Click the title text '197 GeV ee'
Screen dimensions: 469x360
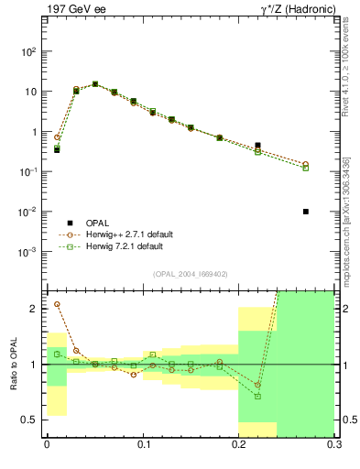[74, 10]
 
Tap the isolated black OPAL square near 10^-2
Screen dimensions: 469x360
[306, 212]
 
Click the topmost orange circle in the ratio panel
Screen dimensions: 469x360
[57, 304]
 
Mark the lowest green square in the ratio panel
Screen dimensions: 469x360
[257, 397]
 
